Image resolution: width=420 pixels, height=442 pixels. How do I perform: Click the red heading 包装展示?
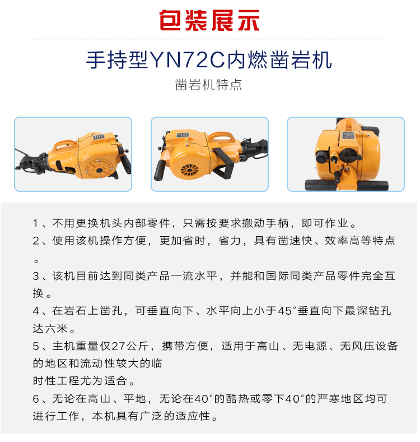(x=209, y=20)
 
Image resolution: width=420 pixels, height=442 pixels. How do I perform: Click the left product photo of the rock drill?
(x=73, y=154)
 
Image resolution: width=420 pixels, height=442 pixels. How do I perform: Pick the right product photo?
(x=346, y=154)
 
